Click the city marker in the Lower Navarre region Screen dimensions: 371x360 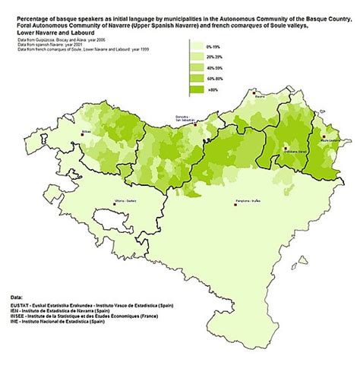pyautogui.click(x=286, y=149)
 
